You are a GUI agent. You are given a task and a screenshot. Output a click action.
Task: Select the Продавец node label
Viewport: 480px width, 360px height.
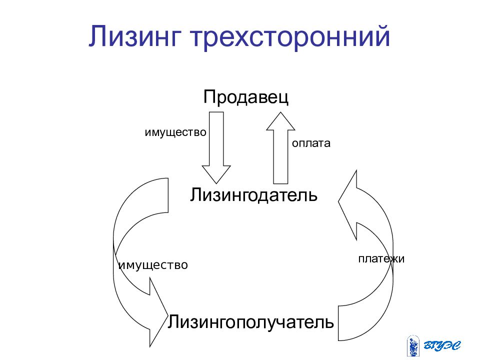(x=246, y=97)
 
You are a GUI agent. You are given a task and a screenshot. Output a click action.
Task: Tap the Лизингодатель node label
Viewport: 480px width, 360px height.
(x=253, y=194)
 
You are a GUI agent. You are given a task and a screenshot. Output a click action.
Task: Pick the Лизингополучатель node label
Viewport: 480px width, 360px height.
(x=250, y=322)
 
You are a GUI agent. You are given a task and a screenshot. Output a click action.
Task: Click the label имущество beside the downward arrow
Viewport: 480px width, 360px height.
(x=175, y=132)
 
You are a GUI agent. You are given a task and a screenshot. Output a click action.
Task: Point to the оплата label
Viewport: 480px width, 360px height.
(x=311, y=143)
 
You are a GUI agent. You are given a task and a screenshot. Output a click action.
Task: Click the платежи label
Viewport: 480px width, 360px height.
(x=381, y=259)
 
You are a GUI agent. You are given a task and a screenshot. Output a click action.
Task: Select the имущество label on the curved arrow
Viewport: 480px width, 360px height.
(x=153, y=265)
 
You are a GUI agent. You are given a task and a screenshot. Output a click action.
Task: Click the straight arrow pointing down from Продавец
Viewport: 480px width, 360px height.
(x=216, y=147)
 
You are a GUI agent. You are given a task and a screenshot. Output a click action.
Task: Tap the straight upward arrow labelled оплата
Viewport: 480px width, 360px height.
(x=280, y=147)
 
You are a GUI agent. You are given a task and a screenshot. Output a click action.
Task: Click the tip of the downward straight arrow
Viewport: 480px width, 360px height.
(x=216, y=183)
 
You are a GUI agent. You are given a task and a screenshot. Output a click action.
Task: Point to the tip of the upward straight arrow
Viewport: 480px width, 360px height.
(x=280, y=112)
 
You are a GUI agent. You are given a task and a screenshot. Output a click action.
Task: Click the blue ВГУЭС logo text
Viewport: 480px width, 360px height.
(x=442, y=345)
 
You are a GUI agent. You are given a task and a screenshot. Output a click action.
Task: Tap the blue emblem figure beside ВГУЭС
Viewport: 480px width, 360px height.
(x=413, y=346)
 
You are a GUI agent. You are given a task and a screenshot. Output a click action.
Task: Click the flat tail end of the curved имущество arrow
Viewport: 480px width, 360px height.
(x=168, y=195)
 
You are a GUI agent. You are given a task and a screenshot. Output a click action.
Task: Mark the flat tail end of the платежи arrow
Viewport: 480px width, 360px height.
(x=338, y=323)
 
